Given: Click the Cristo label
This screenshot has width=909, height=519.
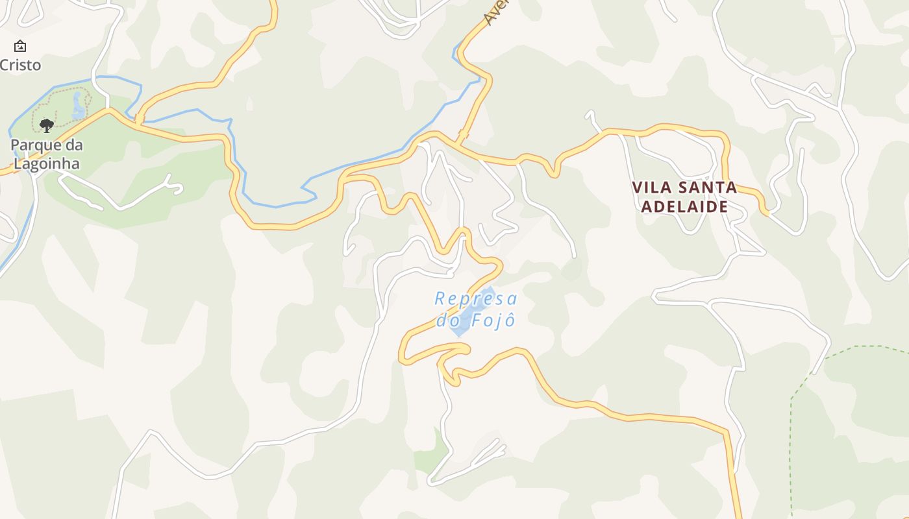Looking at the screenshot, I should point(20,65).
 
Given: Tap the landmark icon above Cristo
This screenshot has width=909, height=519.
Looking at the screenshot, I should point(20,46).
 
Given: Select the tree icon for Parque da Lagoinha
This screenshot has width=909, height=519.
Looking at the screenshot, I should point(46,125).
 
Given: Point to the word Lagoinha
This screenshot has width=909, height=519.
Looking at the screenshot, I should point(47,163).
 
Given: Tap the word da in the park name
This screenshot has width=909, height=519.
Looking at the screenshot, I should point(74,145).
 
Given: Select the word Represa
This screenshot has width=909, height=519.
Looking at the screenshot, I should point(476,298).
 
